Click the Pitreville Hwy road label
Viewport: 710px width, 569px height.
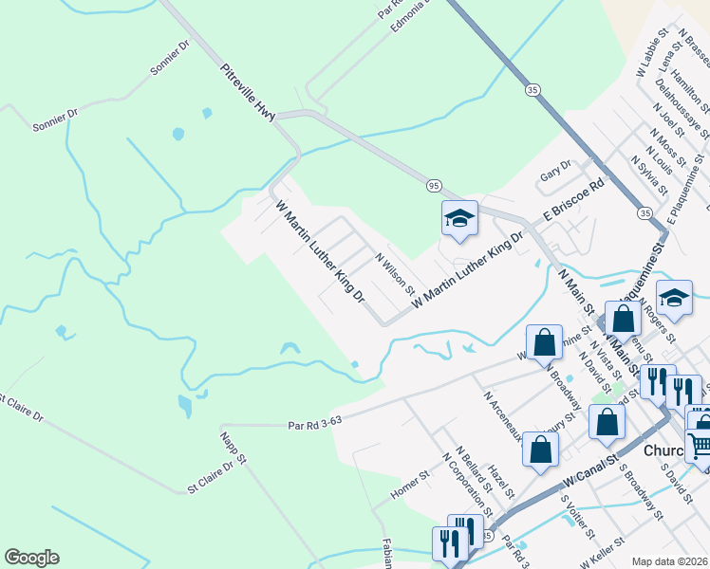click(248, 92)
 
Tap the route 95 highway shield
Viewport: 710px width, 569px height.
click(432, 185)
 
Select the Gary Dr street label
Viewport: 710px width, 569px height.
click(554, 169)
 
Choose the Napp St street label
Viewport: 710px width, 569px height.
click(234, 449)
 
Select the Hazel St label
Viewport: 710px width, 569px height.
click(500, 482)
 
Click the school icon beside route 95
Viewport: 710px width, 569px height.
click(458, 219)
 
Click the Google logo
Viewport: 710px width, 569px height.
click(31, 558)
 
